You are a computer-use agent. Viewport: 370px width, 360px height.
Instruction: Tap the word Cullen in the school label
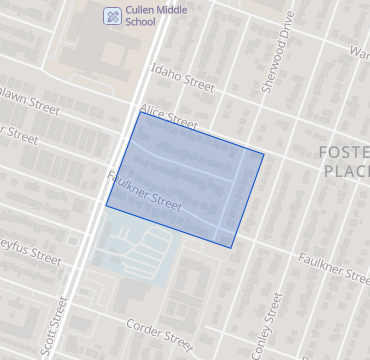click(142, 9)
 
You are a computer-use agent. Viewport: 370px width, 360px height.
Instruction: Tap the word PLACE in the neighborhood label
click(346, 171)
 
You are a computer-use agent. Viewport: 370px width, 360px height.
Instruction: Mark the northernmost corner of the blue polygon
click(140, 112)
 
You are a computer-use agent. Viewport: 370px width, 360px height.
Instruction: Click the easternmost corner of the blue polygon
click(264, 153)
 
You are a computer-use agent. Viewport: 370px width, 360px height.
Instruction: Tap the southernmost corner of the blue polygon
click(232, 247)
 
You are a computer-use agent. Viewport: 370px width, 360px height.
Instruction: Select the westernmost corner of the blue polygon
click(106, 206)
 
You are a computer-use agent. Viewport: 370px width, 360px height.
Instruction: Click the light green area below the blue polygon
click(130, 246)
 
